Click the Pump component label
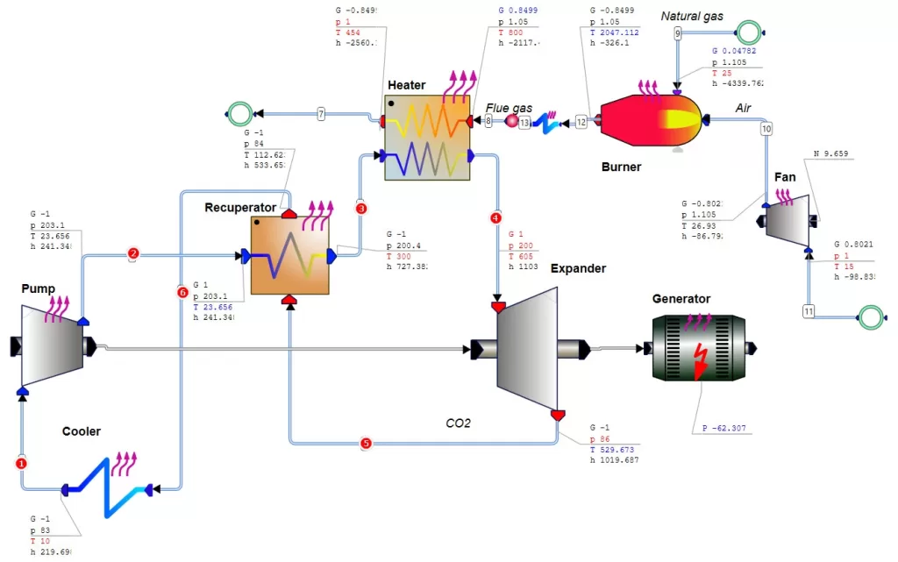tap(38, 288)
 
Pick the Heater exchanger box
tap(426, 138)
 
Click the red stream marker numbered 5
tap(366, 443)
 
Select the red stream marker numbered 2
tap(133, 254)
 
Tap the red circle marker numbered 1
tap(22, 462)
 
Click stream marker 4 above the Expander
tap(497, 217)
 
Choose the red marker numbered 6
tap(182, 292)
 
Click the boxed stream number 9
tap(677, 33)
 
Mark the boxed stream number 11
tap(809, 311)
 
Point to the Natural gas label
tap(694, 16)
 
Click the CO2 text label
tap(459, 423)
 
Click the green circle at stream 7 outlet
tap(238, 113)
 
